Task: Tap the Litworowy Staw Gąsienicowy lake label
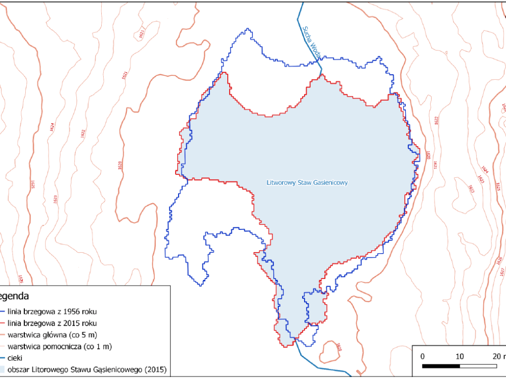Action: coord(307,183)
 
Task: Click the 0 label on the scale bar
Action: coord(423,356)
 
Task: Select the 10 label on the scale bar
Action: coord(460,356)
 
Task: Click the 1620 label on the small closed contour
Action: coord(338,348)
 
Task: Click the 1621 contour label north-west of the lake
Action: coord(141,32)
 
